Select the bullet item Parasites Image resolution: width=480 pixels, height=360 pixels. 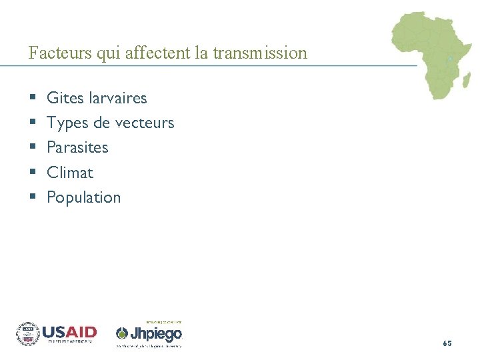[x=77, y=147]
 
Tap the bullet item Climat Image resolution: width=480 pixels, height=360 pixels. [x=70, y=173]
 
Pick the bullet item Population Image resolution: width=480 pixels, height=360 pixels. [x=84, y=197]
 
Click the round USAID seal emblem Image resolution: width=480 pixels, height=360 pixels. [x=28, y=334]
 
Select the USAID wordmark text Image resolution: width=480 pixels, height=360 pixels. [x=69, y=332]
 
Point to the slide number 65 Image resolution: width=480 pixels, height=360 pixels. [x=447, y=343]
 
